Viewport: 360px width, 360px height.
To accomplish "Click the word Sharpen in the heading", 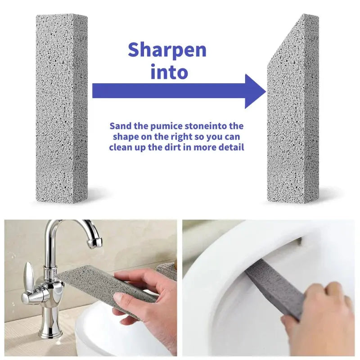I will click(x=167, y=50).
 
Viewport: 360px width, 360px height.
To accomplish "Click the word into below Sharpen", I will click(x=169, y=72).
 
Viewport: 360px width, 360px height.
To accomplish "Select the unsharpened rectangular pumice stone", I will click(x=62, y=108).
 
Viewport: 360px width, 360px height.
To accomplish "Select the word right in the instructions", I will click(x=183, y=137).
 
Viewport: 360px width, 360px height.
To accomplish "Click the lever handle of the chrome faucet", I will click(x=28, y=274).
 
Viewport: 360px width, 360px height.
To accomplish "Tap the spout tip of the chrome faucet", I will click(x=94, y=243).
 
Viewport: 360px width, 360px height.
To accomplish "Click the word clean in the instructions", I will click(x=121, y=147).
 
